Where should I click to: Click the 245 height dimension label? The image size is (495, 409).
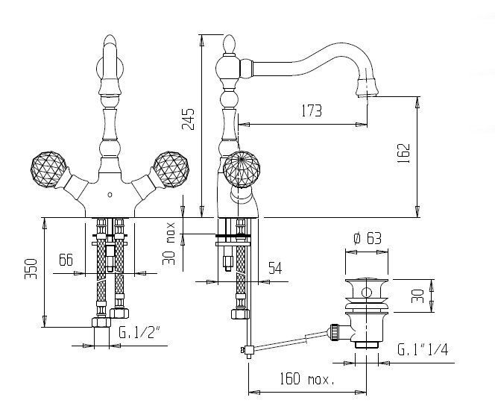point(188,119)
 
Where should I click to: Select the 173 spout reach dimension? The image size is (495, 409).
point(312,110)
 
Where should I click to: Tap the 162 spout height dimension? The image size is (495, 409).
point(403,153)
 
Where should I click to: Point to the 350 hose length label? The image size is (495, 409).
point(31,269)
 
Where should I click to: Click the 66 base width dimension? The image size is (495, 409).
point(66,260)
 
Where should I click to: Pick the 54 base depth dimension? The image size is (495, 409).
point(275,268)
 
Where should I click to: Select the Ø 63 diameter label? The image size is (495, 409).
point(367,238)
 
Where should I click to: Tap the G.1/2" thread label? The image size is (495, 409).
point(140,332)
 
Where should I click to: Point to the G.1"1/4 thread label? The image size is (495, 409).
point(423,349)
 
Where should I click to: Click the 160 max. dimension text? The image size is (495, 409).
point(307,378)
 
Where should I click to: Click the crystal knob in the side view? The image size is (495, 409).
point(242,169)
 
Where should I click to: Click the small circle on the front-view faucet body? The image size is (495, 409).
point(110,195)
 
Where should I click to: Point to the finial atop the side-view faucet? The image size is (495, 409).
point(230,45)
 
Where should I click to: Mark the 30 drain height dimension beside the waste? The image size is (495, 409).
point(417,296)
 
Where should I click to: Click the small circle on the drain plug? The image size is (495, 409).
point(366,293)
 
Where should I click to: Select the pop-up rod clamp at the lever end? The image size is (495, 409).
point(248,351)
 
